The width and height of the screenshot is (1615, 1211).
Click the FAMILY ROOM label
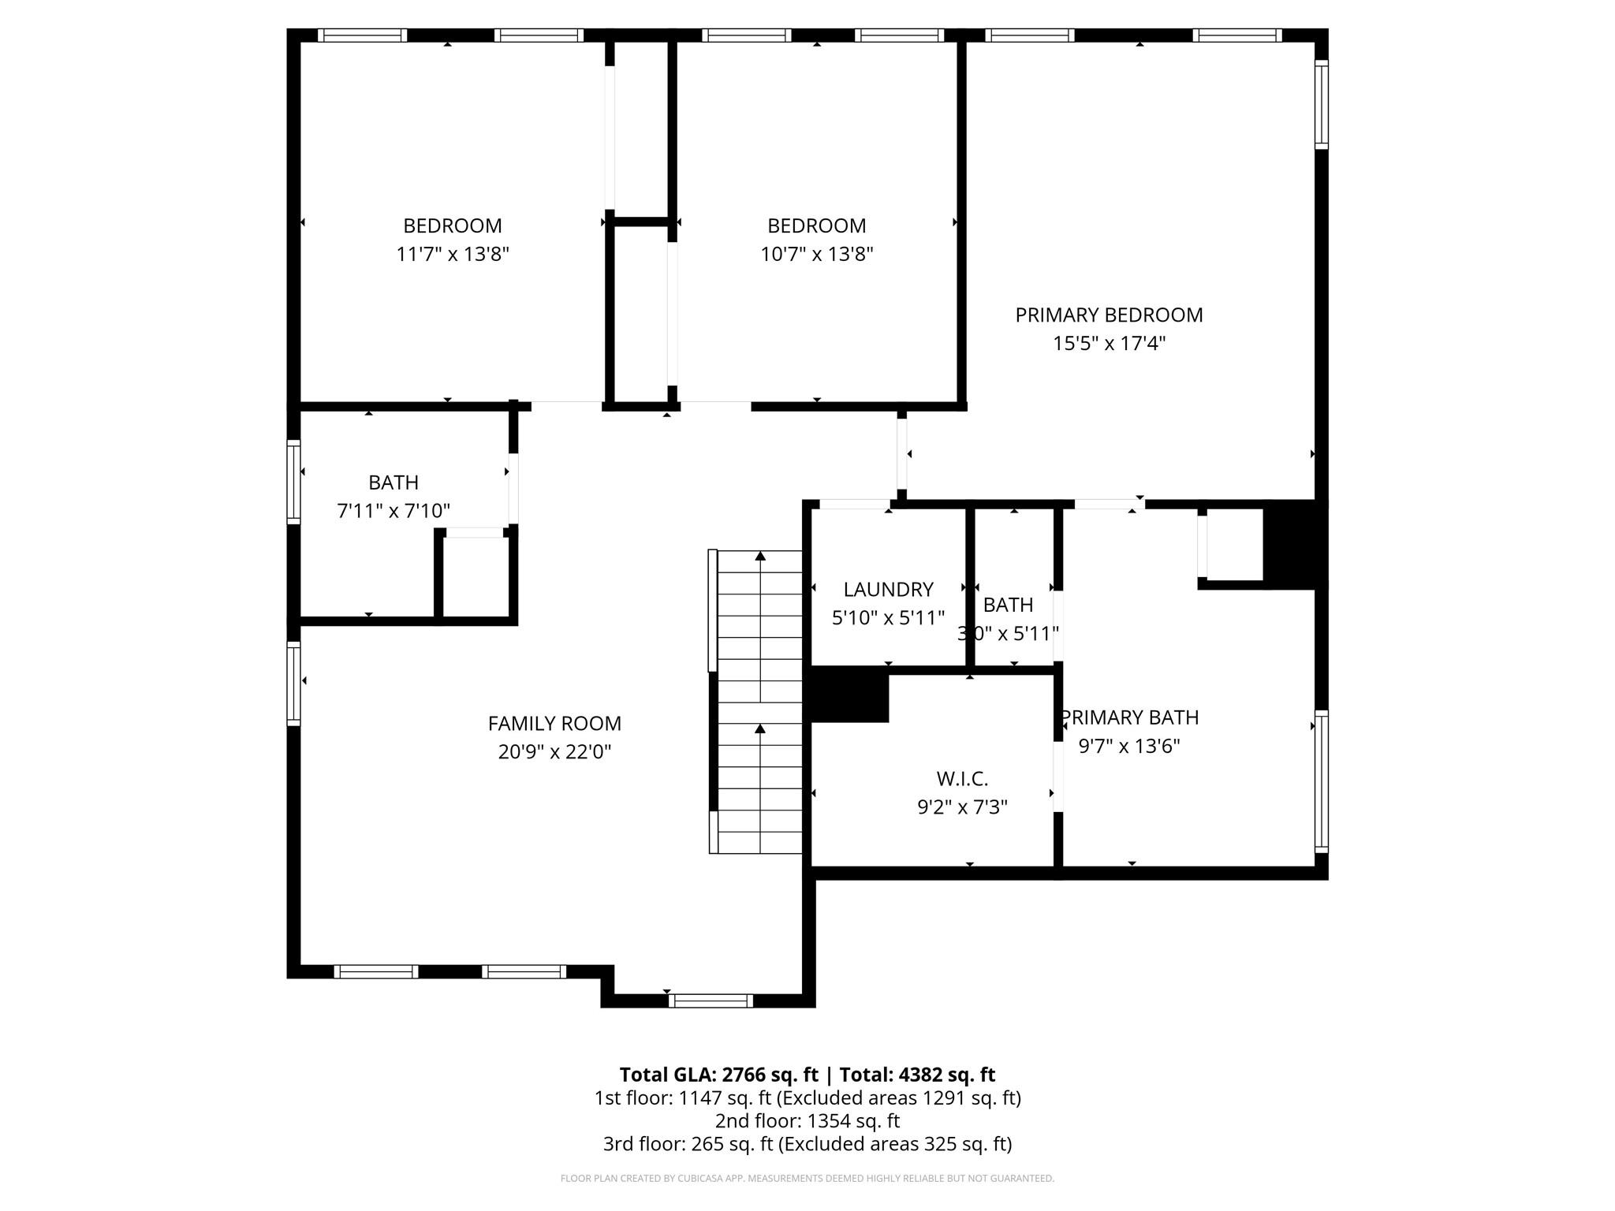pyautogui.click(x=554, y=723)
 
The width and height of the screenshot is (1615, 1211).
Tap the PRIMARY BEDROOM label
pyautogui.click(x=1109, y=315)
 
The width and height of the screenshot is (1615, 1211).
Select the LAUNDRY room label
pyautogui.click(x=888, y=589)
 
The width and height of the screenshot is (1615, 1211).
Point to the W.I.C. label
pyautogui.click(x=962, y=779)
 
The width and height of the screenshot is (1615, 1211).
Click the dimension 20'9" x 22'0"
pyautogui.click(x=554, y=752)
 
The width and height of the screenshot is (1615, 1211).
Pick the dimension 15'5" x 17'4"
pyautogui.click(x=1109, y=344)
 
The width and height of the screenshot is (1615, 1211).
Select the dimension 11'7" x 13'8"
pyautogui.click(x=453, y=255)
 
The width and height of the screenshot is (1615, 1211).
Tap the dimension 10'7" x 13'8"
pyautogui.click(x=816, y=255)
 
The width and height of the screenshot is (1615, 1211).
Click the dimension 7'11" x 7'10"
pyautogui.click(x=393, y=511)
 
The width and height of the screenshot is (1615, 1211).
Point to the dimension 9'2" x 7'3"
pyautogui.click(x=962, y=807)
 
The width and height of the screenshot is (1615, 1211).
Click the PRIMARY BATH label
pyautogui.click(x=1130, y=717)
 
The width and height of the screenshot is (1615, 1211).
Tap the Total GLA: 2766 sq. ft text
pyautogui.click(x=718, y=1075)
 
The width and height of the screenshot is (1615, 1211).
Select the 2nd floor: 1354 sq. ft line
pyautogui.click(x=807, y=1120)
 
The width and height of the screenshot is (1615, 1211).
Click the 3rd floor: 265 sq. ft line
pyautogui.click(x=807, y=1143)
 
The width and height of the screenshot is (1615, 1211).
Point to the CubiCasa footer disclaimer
pyautogui.click(x=807, y=1179)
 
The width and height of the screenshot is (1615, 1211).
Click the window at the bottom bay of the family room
pyautogui.click(x=711, y=1000)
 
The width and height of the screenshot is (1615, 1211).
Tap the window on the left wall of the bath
pyautogui.click(x=293, y=483)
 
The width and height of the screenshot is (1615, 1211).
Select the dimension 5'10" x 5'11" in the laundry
pyautogui.click(x=888, y=618)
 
